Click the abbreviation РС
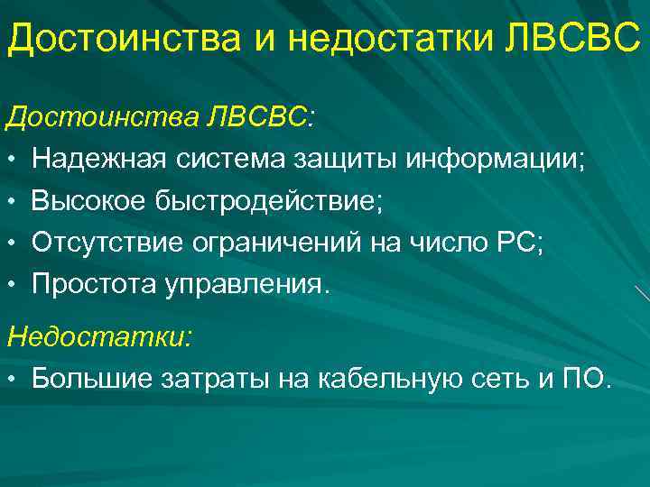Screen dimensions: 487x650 point(522,243)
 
